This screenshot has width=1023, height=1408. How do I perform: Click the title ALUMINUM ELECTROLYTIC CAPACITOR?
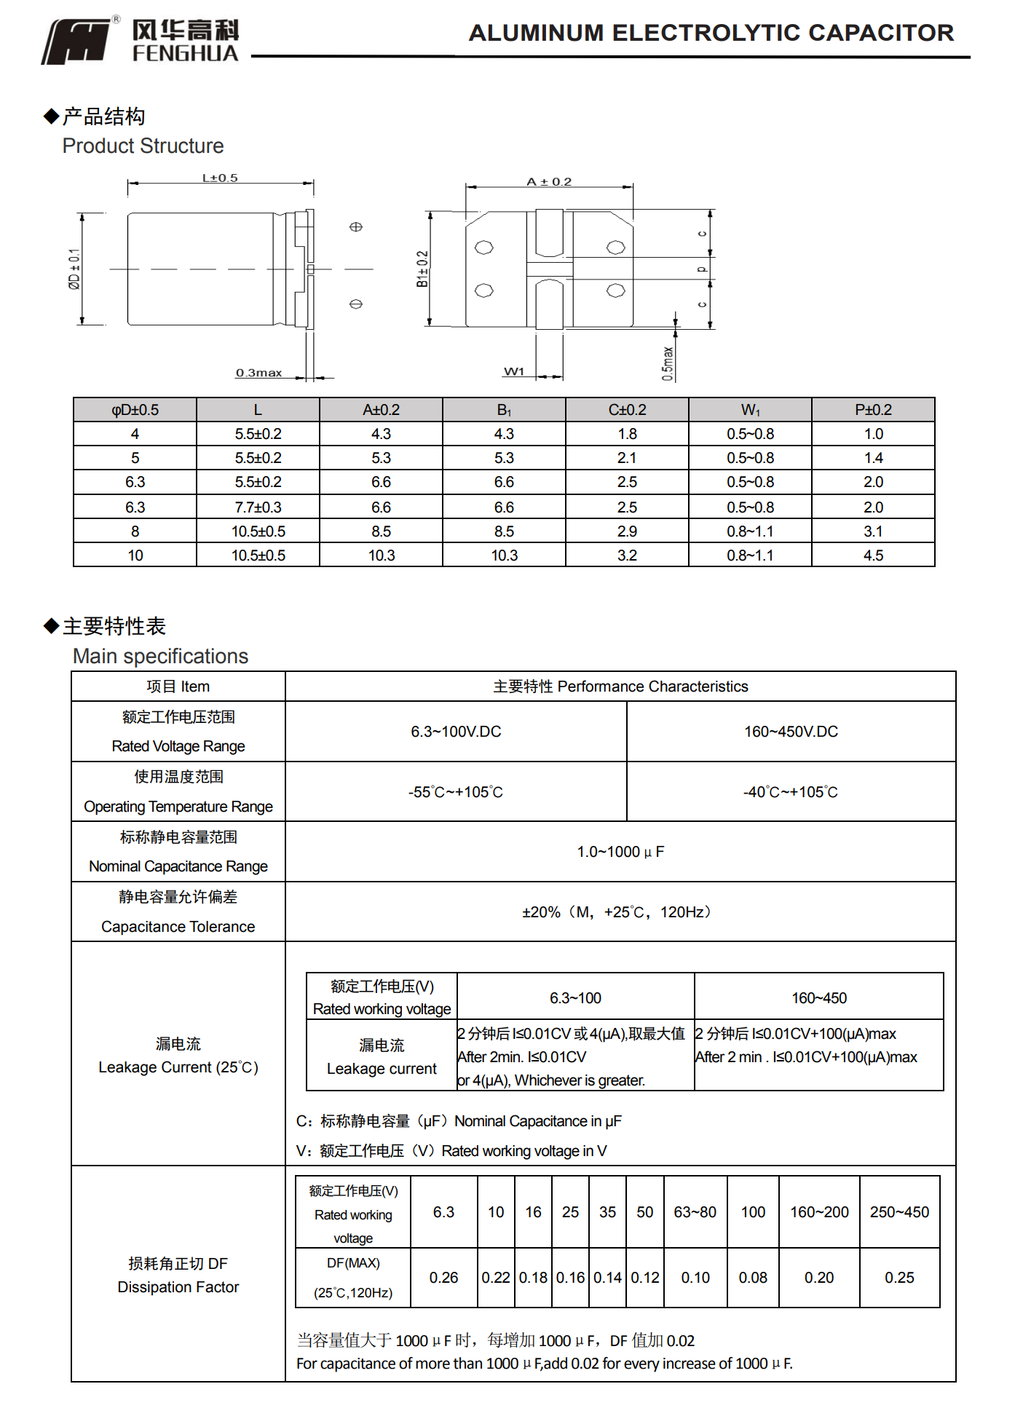coord(711,33)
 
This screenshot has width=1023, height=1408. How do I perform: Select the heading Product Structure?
coord(143,146)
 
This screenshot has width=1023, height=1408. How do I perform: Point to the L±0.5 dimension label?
coord(220,178)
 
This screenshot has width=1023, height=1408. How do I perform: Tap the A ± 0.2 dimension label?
coord(549,181)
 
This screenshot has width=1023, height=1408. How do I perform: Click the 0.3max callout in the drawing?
coord(258,373)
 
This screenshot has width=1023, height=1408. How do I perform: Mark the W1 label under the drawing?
coord(514,371)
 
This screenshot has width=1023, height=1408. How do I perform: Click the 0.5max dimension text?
coord(668,363)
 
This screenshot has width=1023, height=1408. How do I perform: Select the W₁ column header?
coord(750,410)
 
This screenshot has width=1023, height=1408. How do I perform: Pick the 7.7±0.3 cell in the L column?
coord(258,507)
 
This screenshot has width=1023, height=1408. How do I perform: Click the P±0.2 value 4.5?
coord(873,555)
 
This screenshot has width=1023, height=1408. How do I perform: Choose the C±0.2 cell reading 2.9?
coord(627,531)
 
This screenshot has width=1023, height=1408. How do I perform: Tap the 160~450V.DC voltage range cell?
coord(791,731)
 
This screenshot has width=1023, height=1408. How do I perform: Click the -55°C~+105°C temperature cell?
coord(455,792)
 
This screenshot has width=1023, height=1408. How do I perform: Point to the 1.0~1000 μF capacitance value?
coord(620,852)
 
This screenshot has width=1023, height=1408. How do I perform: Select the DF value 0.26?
coord(443,1278)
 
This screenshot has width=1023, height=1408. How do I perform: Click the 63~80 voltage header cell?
coord(695,1212)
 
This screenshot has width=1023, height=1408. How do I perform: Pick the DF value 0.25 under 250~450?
coord(899,1278)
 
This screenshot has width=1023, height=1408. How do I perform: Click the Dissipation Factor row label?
coord(178,1287)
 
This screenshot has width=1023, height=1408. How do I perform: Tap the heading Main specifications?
coord(160,656)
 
